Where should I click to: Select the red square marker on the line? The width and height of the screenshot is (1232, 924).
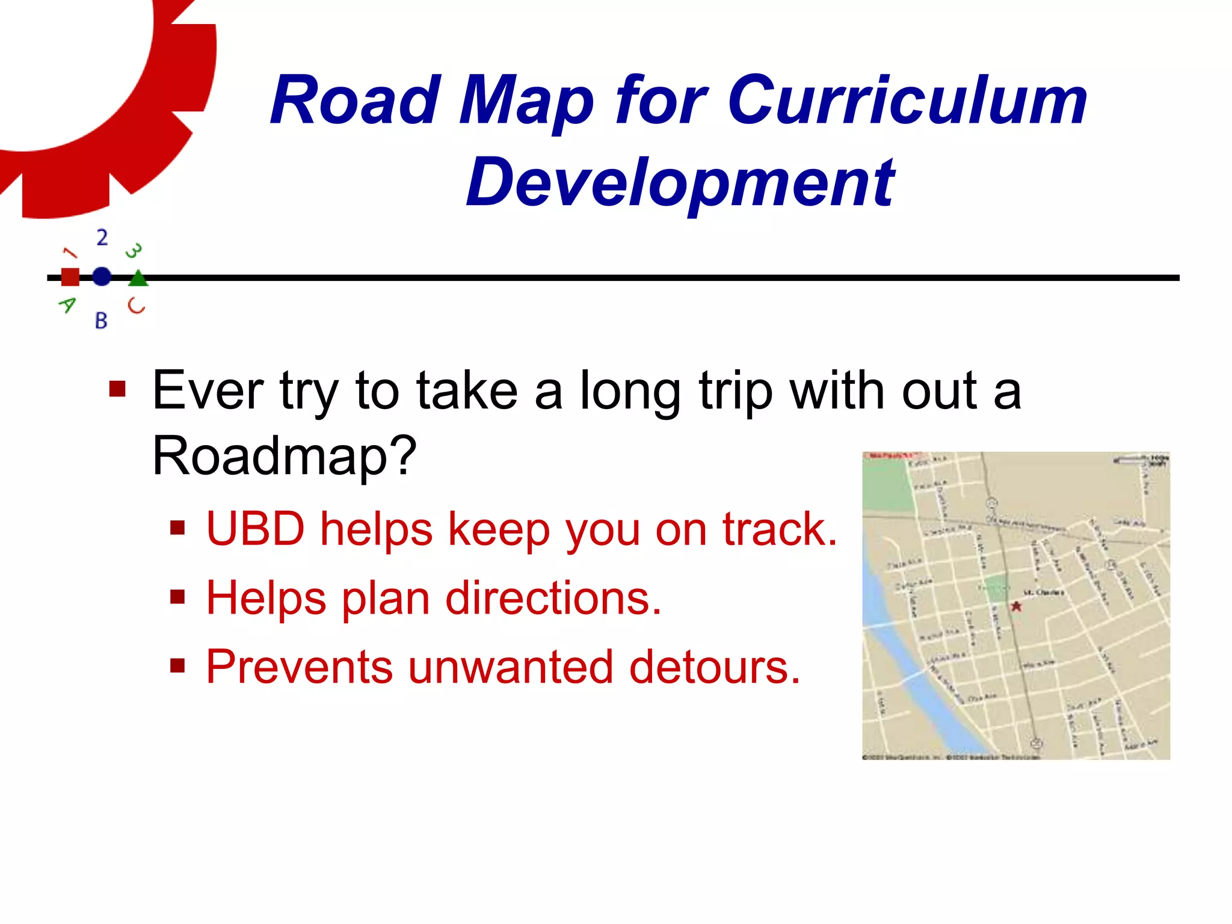pos(70,277)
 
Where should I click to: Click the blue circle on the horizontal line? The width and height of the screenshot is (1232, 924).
pos(102,277)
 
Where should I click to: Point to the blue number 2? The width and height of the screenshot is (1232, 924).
pos(102,238)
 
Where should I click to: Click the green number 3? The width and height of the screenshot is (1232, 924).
pos(134,250)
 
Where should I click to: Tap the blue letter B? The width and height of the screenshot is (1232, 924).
pos(101,321)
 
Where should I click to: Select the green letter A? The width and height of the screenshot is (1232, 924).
pos(67,305)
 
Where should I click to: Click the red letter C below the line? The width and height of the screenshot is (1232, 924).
pos(137,306)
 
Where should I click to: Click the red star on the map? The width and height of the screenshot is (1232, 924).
pos(1017,606)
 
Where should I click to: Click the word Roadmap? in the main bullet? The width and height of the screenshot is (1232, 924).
pos(285,456)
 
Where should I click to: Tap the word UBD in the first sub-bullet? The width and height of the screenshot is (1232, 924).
pos(255,529)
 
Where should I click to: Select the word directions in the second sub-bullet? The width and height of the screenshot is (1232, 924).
pos(553,599)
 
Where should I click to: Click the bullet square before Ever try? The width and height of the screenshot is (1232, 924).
pos(117,389)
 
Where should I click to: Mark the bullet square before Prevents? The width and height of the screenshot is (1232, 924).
pos(177,666)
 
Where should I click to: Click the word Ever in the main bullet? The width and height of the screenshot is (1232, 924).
pos(208,391)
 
